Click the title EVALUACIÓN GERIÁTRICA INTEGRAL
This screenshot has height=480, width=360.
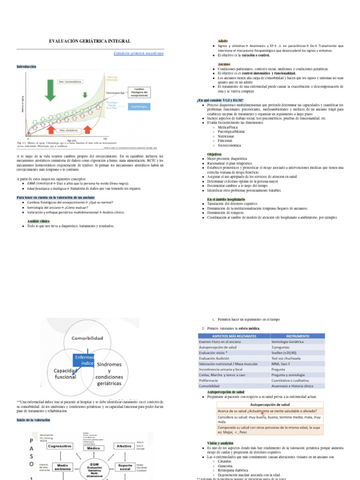[90, 42]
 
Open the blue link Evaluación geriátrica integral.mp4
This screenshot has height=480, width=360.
[139, 53]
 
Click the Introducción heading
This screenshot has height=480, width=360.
[26, 67]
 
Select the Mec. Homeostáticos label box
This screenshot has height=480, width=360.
[70, 82]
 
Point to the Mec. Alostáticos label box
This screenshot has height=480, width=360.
[68, 130]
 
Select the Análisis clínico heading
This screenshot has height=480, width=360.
[38, 220]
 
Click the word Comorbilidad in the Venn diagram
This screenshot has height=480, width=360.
[87, 337]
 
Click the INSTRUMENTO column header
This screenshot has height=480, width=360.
[297, 336]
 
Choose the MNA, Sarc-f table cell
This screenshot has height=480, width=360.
[283, 363]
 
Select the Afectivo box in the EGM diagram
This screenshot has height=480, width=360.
[124, 446]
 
